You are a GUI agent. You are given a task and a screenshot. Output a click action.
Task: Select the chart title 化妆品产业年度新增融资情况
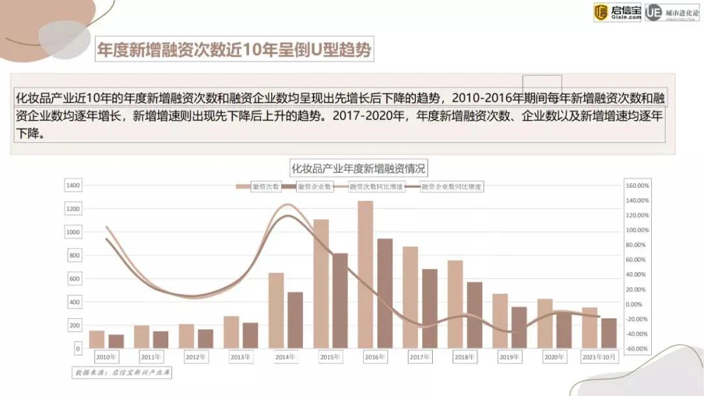point(358,168)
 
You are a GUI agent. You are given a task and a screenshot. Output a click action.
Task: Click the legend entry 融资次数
point(259,187)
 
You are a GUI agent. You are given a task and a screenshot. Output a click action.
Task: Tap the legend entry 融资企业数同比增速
point(445,187)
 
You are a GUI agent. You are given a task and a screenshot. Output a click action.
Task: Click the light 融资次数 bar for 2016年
point(365,274)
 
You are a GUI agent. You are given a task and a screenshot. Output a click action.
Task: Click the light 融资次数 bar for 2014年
point(276,310)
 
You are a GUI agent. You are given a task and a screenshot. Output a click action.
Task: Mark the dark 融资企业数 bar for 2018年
point(475,314)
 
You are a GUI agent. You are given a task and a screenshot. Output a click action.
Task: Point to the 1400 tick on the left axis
point(72,186)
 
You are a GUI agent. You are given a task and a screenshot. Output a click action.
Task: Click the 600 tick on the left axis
point(74,279)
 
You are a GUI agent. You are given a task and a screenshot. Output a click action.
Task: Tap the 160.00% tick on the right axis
point(636,186)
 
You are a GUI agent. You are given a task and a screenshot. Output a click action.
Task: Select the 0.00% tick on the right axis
point(638,304)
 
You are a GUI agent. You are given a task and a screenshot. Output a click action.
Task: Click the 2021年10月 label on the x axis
point(598,358)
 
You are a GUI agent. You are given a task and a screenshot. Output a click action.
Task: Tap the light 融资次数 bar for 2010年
point(96,339)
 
